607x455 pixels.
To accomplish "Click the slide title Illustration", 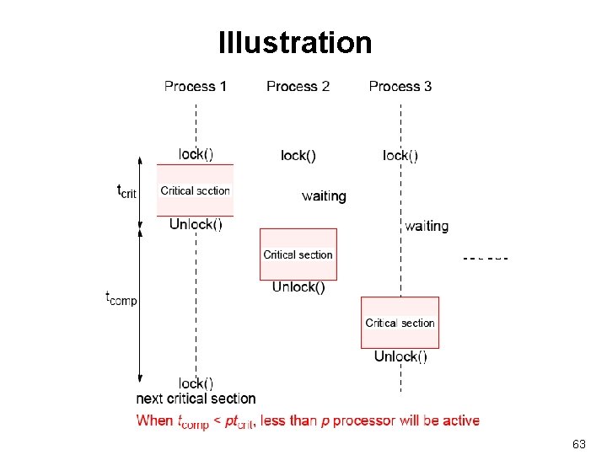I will coord(294,42).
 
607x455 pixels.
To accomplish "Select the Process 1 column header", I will coord(196,86).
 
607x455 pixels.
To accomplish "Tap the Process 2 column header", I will coord(298,86).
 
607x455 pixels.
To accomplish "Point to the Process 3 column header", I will coord(400,86).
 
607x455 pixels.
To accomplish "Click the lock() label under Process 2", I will coord(298,155).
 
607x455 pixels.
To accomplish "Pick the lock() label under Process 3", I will coord(400,155).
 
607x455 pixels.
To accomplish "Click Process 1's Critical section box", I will coord(196,190).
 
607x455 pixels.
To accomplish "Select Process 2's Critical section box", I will coord(298,254).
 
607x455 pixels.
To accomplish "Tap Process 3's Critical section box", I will coord(400,322).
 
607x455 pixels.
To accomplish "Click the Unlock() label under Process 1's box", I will coord(196,224).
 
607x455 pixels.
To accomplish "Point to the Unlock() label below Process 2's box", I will coord(298,287).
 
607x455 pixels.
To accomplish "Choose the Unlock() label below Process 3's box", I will coord(400,356).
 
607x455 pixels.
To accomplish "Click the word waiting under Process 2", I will coord(324,196).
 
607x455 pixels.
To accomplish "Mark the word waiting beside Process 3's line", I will coord(427,226).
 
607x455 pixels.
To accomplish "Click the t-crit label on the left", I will coord(126,191).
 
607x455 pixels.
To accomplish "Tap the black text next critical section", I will coord(196,399).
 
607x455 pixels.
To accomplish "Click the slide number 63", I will coord(578,443).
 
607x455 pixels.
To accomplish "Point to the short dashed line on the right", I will coord(486,257).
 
